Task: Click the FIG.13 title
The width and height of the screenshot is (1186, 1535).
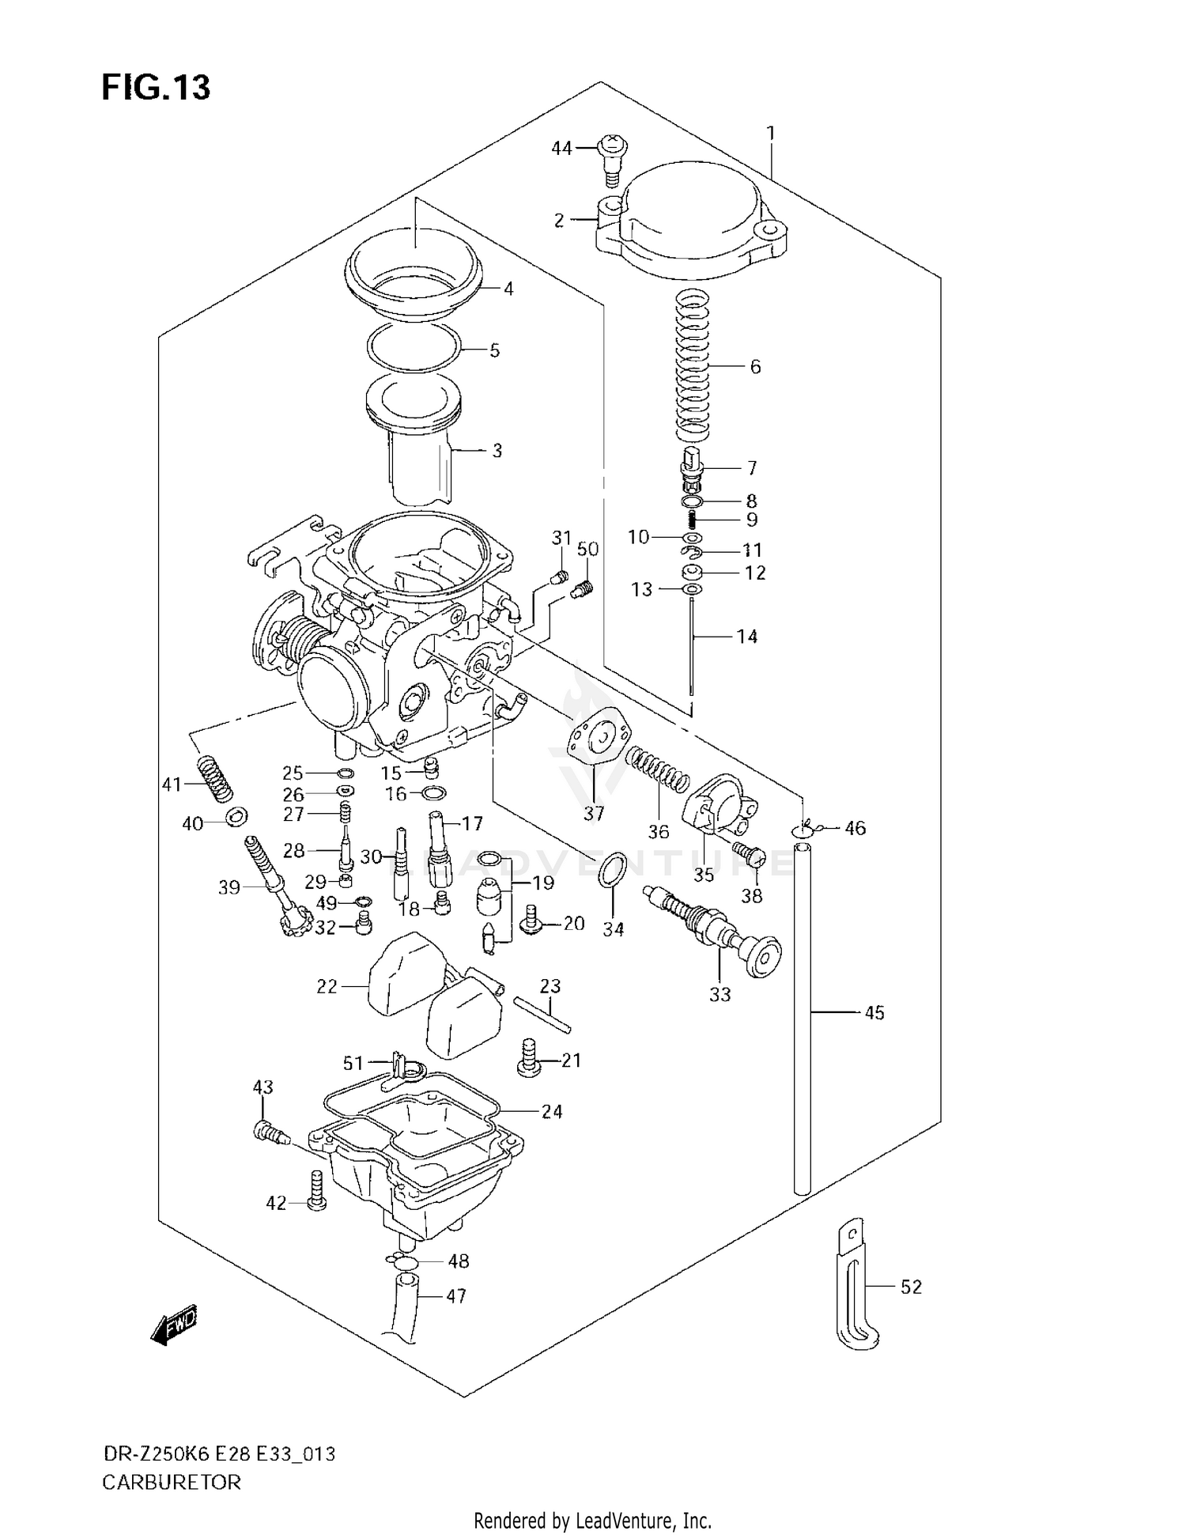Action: pos(156,88)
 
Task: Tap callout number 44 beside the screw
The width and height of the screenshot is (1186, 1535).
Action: pos(561,148)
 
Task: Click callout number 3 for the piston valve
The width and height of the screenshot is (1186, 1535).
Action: pos(497,451)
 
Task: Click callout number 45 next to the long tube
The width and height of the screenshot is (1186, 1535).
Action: pos(874,1012)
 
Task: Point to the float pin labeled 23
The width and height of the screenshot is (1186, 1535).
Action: pos(542,1014)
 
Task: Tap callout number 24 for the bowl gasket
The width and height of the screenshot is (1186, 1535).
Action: pos(551,1111)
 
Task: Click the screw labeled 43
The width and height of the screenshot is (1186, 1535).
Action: pos(269,1132)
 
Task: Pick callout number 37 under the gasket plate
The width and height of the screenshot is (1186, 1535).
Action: pos(593,812)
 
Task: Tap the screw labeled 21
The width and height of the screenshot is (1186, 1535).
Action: pos(530,1057)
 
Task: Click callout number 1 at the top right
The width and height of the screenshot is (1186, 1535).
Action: pos(770,133)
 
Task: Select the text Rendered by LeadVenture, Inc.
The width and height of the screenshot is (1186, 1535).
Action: pos(592,1519)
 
